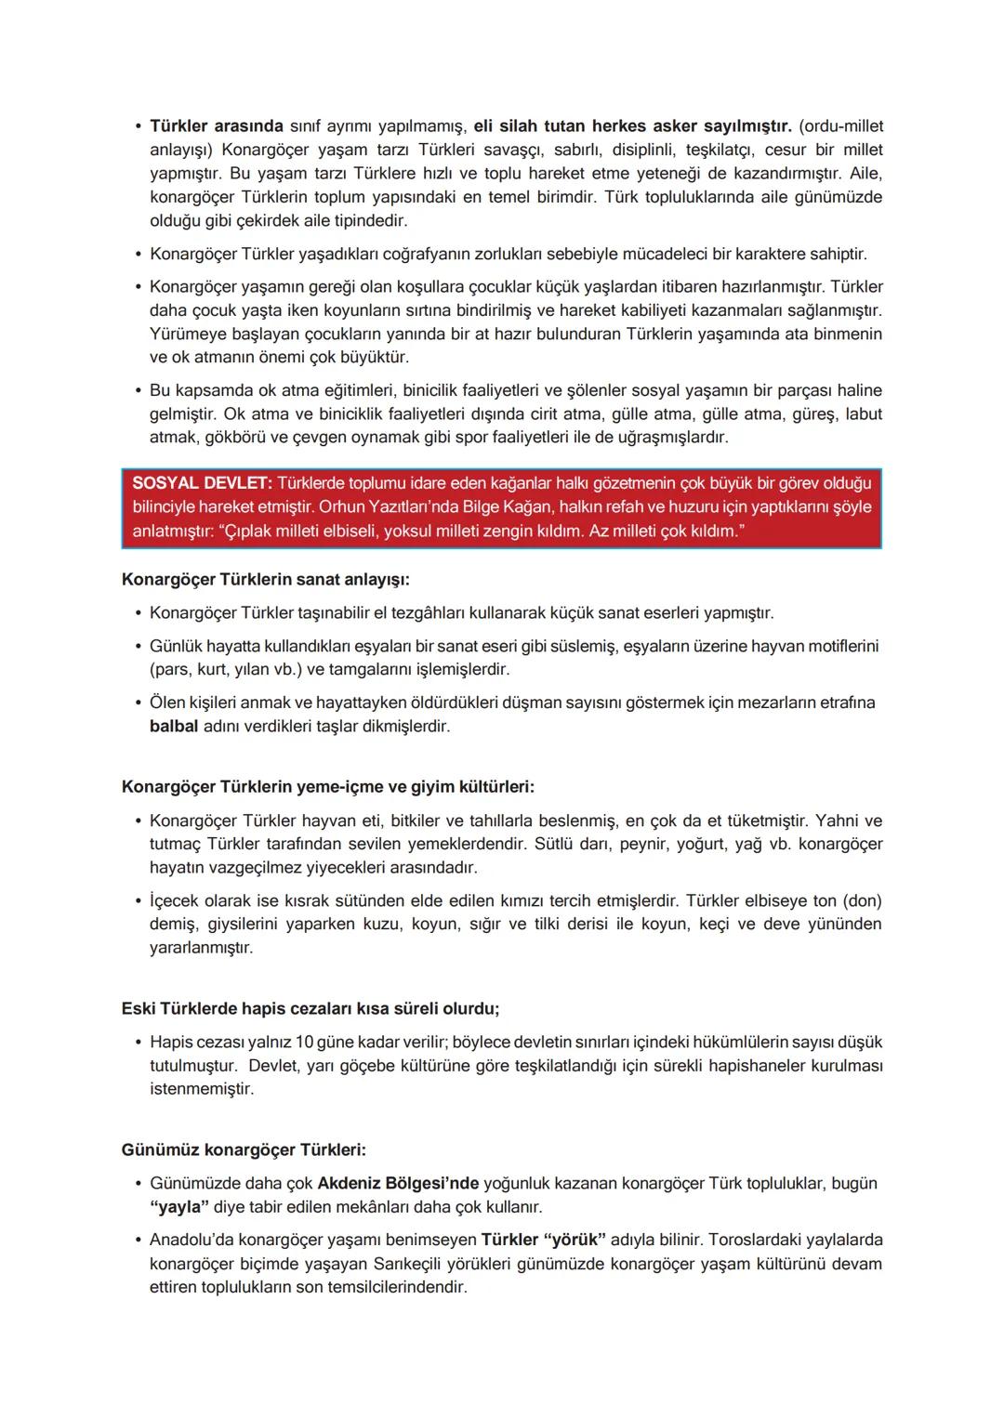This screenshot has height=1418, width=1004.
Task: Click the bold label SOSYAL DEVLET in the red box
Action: (201, 484)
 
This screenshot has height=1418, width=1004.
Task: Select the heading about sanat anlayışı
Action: (265, 580)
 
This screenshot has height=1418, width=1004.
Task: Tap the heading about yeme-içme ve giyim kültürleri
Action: (327, 787)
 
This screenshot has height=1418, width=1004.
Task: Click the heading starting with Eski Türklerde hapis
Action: (310, 1009)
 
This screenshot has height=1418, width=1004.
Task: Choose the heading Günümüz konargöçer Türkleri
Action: (244, 1150)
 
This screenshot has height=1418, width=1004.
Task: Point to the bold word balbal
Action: (174, 727)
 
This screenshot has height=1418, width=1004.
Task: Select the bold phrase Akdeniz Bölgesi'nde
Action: (398, 1184)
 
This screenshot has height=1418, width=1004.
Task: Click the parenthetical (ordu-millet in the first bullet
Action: (840, 126)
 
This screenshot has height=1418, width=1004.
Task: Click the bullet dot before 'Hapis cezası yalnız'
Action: (138, 1043)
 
